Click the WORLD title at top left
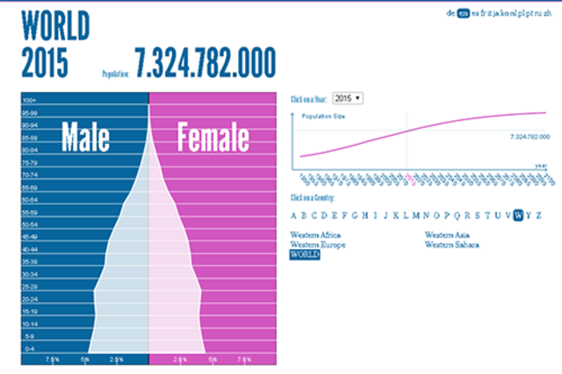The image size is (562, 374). [x=54, y=25]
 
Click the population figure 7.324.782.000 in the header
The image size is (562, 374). [x=205, y=62]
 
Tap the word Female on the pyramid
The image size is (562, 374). [x=213, y=138]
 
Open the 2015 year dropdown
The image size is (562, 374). [x=349, y=98]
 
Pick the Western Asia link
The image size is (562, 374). [x=445, y=234]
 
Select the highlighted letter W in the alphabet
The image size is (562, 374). [x=520, y=215]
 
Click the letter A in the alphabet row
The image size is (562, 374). [x=294, y=215]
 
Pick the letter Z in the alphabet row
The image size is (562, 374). [x=538, y=215]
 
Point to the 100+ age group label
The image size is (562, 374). [x=29, y=100]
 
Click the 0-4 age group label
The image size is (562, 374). [x=29, y=349]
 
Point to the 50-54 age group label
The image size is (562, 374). [x=29, y=225]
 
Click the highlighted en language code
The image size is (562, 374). [x=464, y=14]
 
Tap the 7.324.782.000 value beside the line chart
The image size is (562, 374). [x=529, y=137]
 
